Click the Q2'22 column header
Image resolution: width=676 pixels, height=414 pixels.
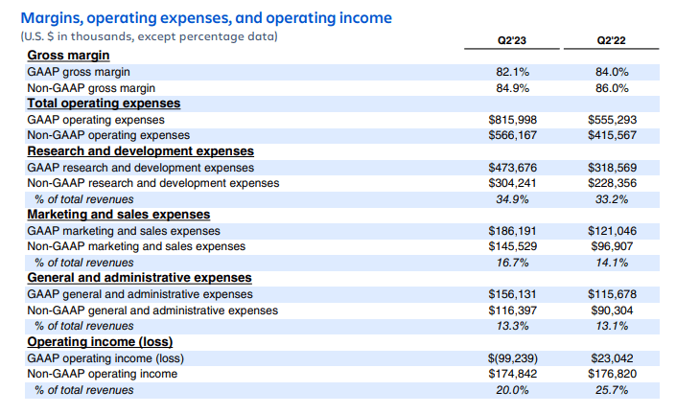612,41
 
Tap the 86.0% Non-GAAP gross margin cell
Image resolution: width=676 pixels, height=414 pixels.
612,88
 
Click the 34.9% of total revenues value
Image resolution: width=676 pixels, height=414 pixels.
515,199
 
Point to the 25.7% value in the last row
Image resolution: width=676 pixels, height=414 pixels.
612,390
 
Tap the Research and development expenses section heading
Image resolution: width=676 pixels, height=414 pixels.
140,151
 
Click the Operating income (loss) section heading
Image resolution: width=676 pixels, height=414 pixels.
100,342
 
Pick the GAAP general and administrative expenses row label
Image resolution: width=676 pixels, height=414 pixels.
140,294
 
